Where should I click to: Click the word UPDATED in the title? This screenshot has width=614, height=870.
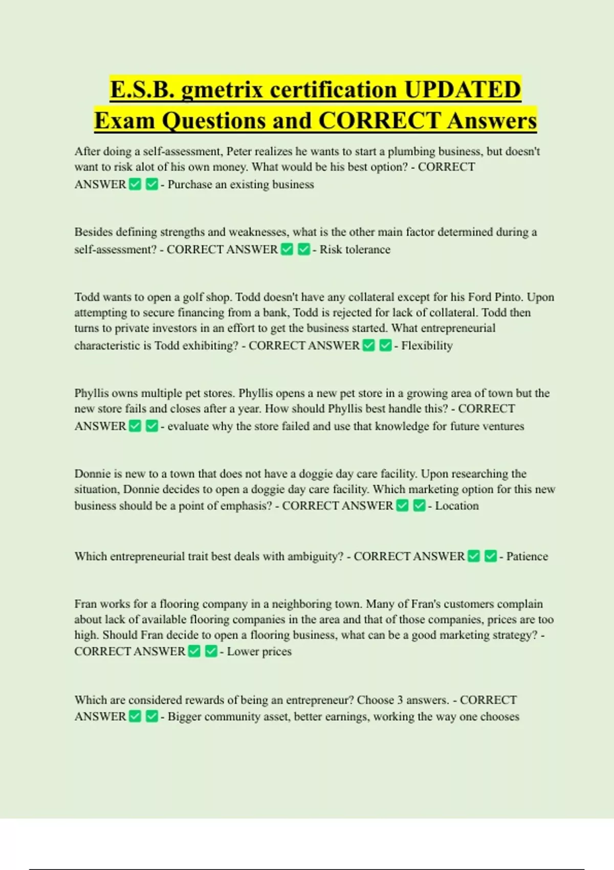click(463, 89)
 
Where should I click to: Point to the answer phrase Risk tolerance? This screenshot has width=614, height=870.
click(355, 250)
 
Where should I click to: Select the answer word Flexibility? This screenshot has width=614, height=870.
click(427, 346)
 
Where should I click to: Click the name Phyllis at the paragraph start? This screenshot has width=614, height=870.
click(91, 394)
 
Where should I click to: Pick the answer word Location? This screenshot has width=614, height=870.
click(457, 506)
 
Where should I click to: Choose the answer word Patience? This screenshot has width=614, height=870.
click(527, 557)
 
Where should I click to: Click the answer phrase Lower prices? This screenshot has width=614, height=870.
click(259, 651)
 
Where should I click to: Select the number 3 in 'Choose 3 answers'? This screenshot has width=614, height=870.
click(401, 700)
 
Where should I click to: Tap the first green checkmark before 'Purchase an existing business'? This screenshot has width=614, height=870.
click(135, 184)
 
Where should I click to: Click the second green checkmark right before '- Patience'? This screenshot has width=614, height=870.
click(490, 556)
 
